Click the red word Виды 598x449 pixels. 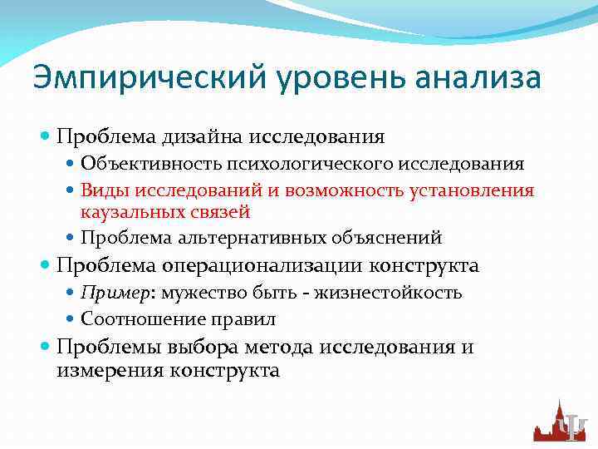pos(100,190)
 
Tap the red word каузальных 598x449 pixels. pos(128,212)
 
